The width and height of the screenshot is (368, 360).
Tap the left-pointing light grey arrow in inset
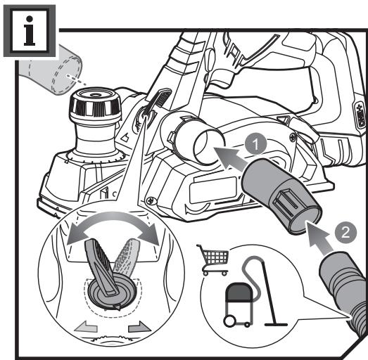click(x=84, y=326)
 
